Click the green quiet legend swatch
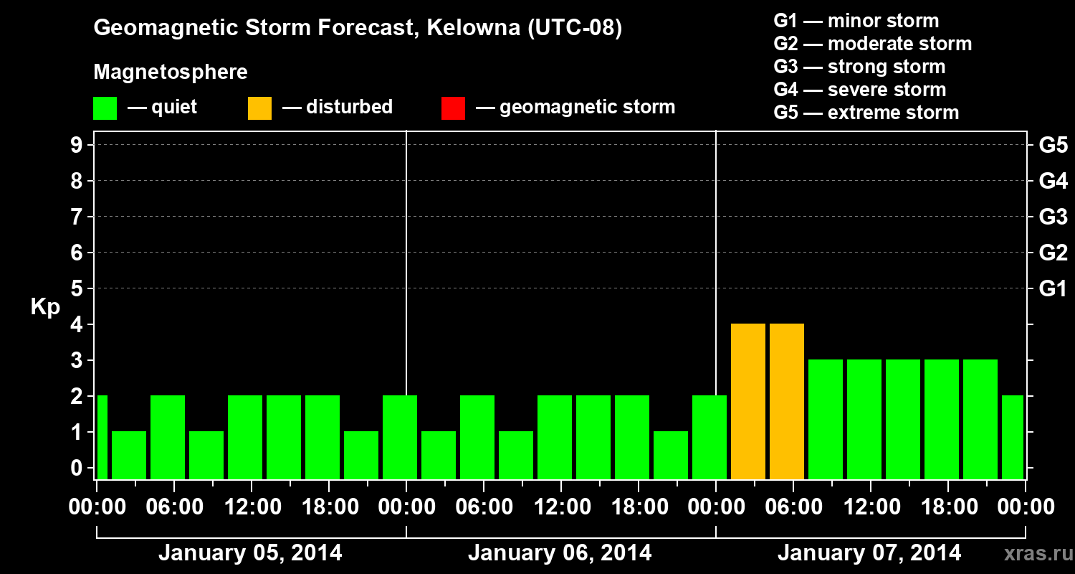[x=105, y=108]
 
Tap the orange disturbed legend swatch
[x=259, y=108]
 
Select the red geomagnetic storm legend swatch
[x=453, y=108]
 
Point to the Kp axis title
[x=45, y=307]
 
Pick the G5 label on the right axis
[x=1053, y=146]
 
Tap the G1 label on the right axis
[x=1053, y=289]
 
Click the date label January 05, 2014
[x=250, y=553]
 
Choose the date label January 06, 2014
[x=560, y=553]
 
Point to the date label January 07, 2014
[x=869, y=553]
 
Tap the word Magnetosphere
[x=171, y=72]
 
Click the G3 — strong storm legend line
[x=859, y=67]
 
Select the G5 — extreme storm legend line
[x=866, y=113]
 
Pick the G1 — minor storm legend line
[x=856, y=21]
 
